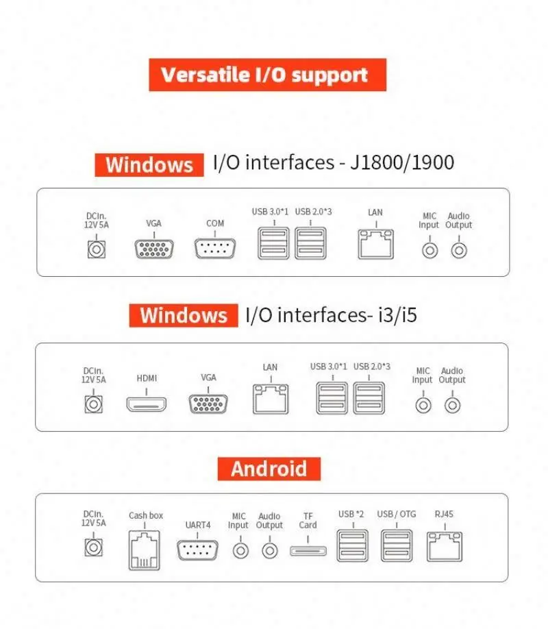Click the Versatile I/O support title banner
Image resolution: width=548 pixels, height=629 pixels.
tap(267, 75)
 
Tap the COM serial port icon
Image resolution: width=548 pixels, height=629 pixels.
tap(214, 247)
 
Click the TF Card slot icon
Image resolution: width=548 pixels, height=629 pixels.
tap(308, 550)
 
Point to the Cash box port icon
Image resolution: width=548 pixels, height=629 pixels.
tap(145, 549)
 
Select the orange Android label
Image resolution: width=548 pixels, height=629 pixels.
tap(269, 469)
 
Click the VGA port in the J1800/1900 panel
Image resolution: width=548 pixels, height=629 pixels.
tap(153, 247)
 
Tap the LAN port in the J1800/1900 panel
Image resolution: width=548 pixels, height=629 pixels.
tap(375, 244)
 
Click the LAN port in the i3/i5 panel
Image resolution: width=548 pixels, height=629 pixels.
tap(270, 398)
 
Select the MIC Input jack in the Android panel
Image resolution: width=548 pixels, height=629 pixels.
tap(240, 550)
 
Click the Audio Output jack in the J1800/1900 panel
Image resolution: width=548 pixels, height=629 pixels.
tap(459, 250)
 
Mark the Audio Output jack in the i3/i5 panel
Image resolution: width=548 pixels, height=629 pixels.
tap(452, 405)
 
